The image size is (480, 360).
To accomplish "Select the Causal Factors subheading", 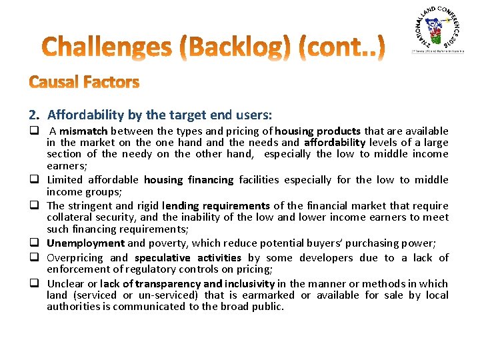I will tap(84, 83).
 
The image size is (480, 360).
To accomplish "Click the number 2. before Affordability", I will tap(35, 115).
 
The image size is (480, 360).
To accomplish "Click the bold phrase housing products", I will tap(317, 131).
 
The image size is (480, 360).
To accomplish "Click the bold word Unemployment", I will tap(85, 243).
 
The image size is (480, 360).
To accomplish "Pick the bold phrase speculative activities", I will tap(187, 258).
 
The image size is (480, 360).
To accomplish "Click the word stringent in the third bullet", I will tap(89, 206).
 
